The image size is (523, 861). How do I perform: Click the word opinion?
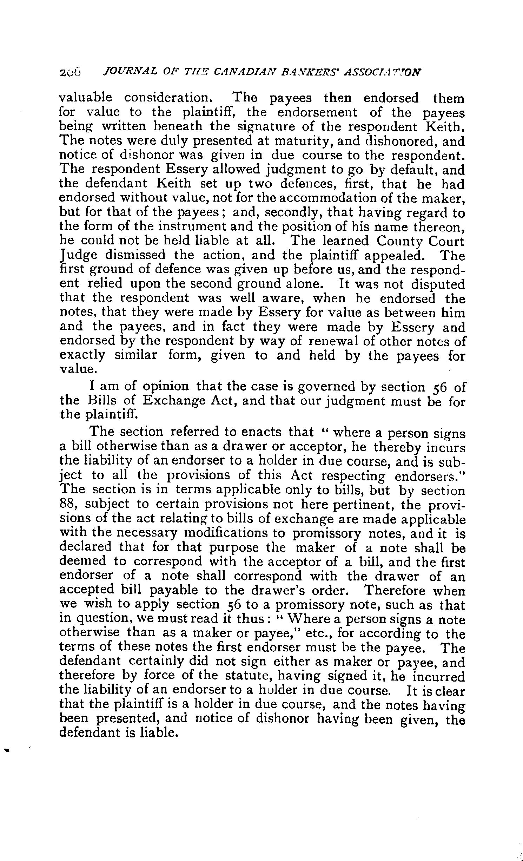coord(166,387)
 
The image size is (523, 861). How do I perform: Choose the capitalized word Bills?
coord(99,401)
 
